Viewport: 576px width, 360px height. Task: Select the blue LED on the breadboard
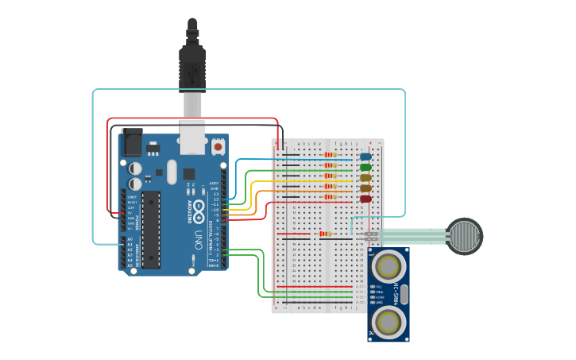[x=365, y=157]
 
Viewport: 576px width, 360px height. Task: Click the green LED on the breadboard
[x=365, y=167]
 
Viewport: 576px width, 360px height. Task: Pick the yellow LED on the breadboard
[x=365, y=178]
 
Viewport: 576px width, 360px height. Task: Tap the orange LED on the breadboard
[x=365, y=188]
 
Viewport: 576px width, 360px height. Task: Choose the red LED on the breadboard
[x=365, y=199]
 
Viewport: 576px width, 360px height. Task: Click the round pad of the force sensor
[x=463, y=236]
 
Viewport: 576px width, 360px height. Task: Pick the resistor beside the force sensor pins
[x=324, y=234]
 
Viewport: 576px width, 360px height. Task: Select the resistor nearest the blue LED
[x=330, y=155]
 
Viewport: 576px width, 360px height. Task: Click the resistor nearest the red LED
[x=330, y=196]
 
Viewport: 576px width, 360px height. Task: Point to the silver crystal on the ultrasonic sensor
[x=404, y=294]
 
